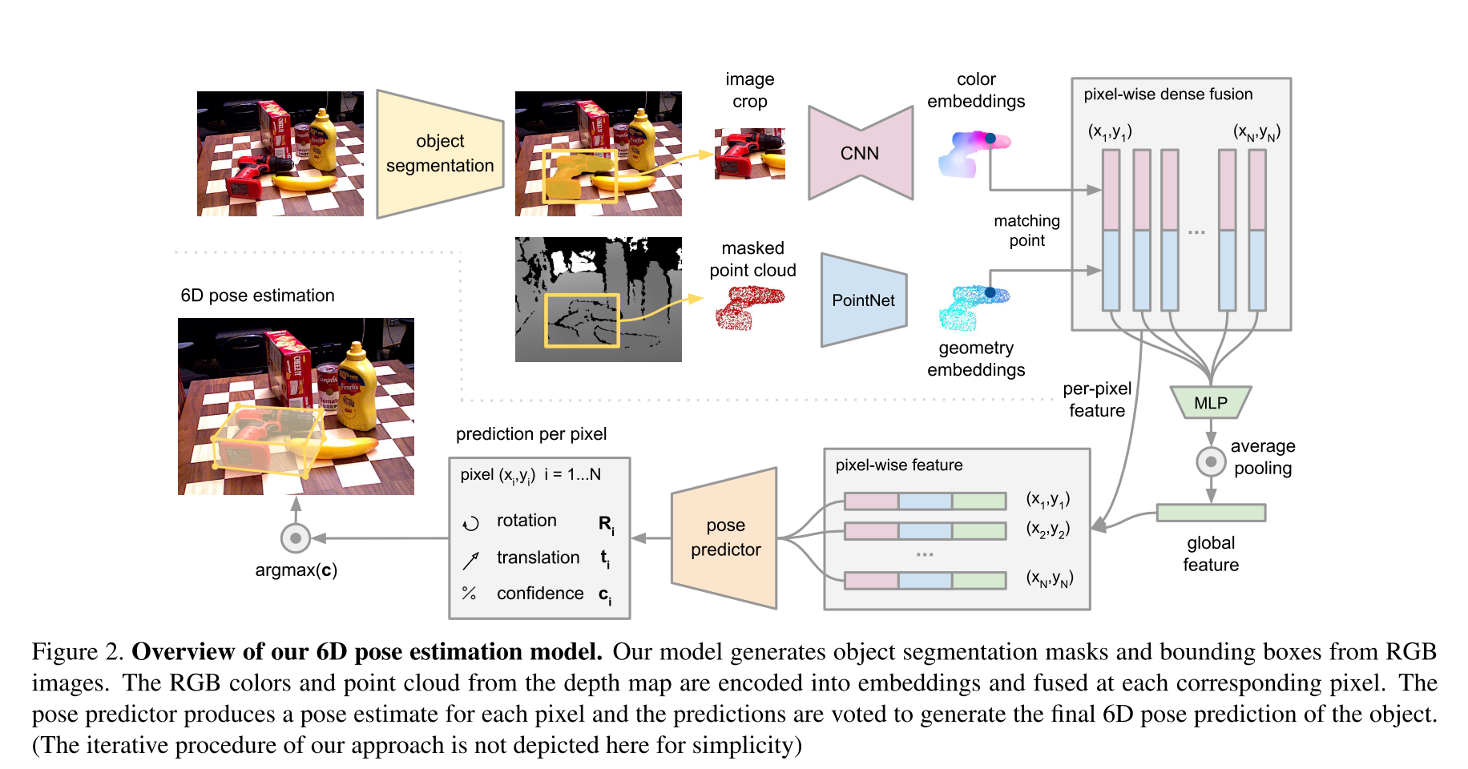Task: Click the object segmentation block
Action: pos(440,153)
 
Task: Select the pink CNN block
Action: pos(860,153)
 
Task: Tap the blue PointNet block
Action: pos(863,300)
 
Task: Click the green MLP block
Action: pos(1210,403)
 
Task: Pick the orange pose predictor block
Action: pos(725,537)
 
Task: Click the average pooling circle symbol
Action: pos(1211,461)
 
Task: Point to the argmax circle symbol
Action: pos(296,538)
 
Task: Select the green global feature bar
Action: pos(1211,513)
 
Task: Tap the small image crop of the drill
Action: pos(749,153)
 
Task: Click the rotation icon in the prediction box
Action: pos(470,523)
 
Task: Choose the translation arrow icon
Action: pos(470,560)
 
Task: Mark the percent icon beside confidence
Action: pos(470,594)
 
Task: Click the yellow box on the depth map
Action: pos(583,320)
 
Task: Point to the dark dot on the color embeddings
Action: pos(990,139)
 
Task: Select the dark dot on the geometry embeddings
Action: pos(990,292)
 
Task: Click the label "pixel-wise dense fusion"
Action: pos(1168,95)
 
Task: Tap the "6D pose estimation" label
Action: pos(257,296)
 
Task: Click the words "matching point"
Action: pos(1026,231)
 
